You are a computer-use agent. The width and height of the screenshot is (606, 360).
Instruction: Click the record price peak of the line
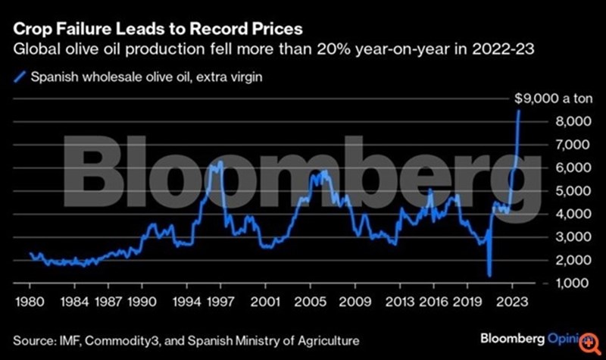(518, 111)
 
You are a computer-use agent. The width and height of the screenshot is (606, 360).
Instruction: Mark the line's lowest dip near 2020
(489, 276)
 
